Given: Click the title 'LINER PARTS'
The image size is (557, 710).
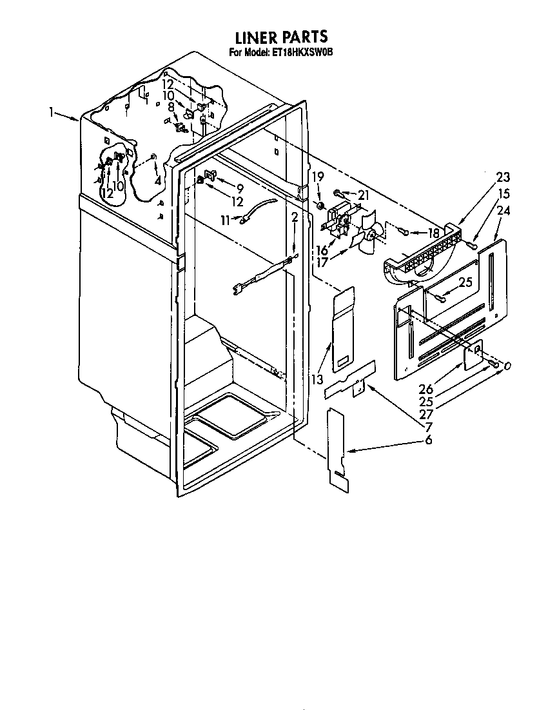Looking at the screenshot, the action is coord(281,37).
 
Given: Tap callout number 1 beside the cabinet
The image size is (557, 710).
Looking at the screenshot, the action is coord(52,111).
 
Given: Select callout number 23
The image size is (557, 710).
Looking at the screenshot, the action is coord(503,177).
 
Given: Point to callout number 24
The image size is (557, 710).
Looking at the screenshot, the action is coord(503,211).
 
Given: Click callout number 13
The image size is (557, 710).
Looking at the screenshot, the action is coord(318,379).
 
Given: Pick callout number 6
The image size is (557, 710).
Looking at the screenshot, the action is coord(428,439).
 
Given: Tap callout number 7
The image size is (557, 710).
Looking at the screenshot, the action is coord(428,426).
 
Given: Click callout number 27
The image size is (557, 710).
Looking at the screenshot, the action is coord(427,414).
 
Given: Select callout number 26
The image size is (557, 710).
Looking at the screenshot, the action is coord(427,388).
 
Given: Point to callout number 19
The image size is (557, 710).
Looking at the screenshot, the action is coord(318,176).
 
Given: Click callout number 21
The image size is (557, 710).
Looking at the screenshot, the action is coord(363,195).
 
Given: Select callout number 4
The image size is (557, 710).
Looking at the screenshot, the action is coord(157,180).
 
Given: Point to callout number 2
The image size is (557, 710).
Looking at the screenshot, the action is coord(295,217).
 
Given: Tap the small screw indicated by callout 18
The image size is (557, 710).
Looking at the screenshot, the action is coord(404,232).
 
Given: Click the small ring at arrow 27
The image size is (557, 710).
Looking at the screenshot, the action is coord(507,366).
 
